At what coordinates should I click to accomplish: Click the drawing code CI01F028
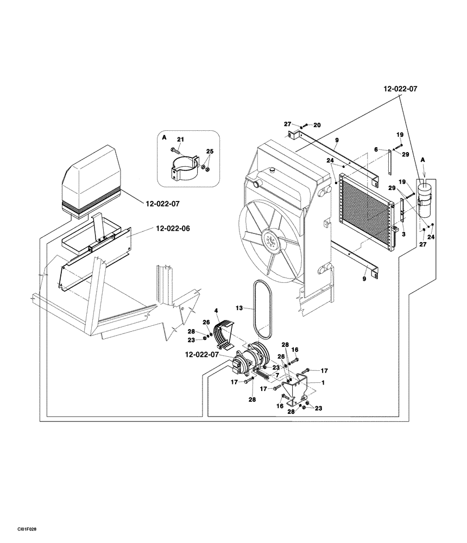point(26,528)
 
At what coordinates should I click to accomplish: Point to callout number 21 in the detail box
point(180,140)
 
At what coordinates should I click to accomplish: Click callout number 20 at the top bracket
point(317,125)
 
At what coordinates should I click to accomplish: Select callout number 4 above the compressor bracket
point(216,311)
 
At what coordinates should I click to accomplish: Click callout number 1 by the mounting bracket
point(323,383)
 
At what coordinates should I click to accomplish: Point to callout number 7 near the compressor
point(276,375)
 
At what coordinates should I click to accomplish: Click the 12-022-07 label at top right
point(400,88)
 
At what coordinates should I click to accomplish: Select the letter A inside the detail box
point(163,138)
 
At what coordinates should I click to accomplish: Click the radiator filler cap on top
point(270,173)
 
